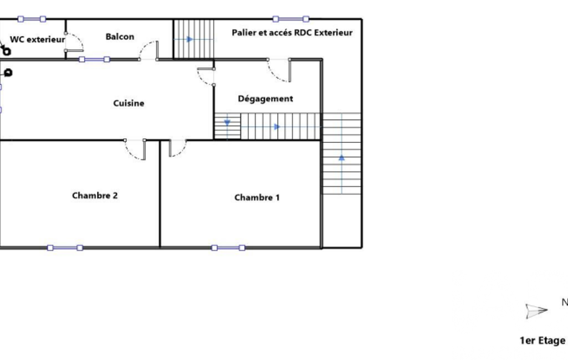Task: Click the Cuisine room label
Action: coord(129,103)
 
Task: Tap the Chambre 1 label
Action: coord(257,197)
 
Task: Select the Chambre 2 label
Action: coord(95,196)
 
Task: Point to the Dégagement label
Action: coord(265,99)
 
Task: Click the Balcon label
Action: coord(120,37)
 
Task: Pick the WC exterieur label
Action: coord(37,39)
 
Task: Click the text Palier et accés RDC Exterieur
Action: coord(292,33)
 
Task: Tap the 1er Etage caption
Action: coord(543,341)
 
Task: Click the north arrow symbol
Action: coord(536,311)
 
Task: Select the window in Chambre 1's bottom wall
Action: coord(228,248)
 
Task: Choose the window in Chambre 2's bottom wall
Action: coord(65,248)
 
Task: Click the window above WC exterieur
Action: coord(32,19)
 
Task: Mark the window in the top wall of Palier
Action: coord(290,19)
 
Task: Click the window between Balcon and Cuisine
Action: coord(94,59)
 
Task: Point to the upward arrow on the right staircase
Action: coord(341,157)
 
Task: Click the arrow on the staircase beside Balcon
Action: coord(190,39)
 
